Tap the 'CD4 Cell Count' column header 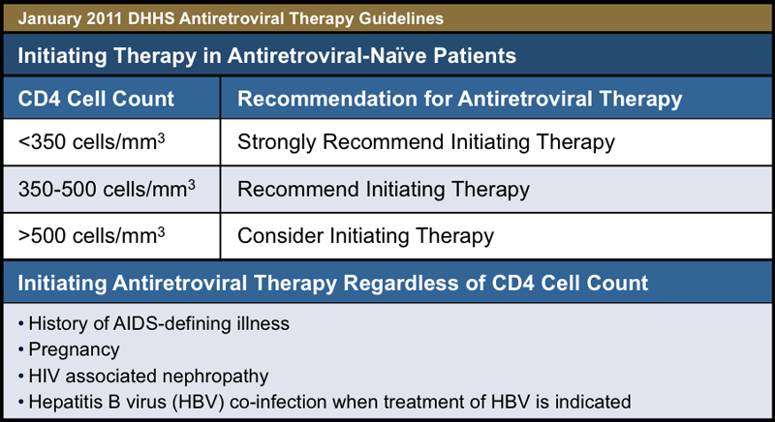click(x=97, y=99)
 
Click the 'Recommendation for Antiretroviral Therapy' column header click(x=459, y=99)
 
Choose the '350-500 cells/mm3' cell click(x=107, y=188)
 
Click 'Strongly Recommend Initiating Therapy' click(x=426, y=142)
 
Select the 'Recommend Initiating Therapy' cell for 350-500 click(x=384, y=188)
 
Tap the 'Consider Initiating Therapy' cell click(x=366, y=234)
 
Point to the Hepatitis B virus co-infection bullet click(x=328, y=399)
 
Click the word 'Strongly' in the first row click(x=274, y=142)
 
